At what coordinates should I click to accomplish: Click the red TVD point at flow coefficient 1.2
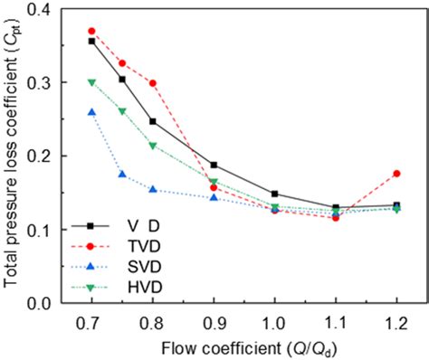tap(396, 174)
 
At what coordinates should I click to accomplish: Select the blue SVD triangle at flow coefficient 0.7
tap(91, 112)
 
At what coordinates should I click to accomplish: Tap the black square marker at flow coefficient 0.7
tap(91, 41)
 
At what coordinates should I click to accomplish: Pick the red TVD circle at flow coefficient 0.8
tap(152, 83)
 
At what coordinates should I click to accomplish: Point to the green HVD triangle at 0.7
tap(91, 82)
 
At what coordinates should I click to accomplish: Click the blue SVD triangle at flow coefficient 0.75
tap(122, 175)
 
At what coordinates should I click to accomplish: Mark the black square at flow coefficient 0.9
tap(214, 165)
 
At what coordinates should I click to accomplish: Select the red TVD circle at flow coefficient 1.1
tap(336, 218)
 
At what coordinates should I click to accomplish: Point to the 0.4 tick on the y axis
tap(47, 9)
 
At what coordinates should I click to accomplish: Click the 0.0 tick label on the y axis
tap(47, 303)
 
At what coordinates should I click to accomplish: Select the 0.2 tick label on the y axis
tap(47, 156)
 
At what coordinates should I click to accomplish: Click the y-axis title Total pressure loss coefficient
tap(13, 156)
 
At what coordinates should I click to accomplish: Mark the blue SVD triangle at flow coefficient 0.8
tap(152, 190)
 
